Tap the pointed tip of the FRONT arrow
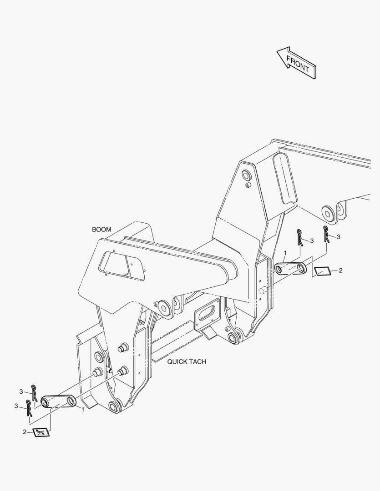(277, 51)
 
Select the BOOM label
(101, 230)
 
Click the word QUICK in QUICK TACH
(177, 362)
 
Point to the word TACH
(198, 362)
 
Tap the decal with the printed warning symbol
(41, 432)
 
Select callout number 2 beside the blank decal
(340, 271)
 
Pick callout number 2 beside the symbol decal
(25, 432)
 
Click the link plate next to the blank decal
(290, 269)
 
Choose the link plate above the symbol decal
(59, 401)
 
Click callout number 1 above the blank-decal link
(285, 253)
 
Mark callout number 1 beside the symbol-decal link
(82, 409)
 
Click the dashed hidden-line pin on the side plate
(263, 290)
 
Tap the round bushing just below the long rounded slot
(329, 214)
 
